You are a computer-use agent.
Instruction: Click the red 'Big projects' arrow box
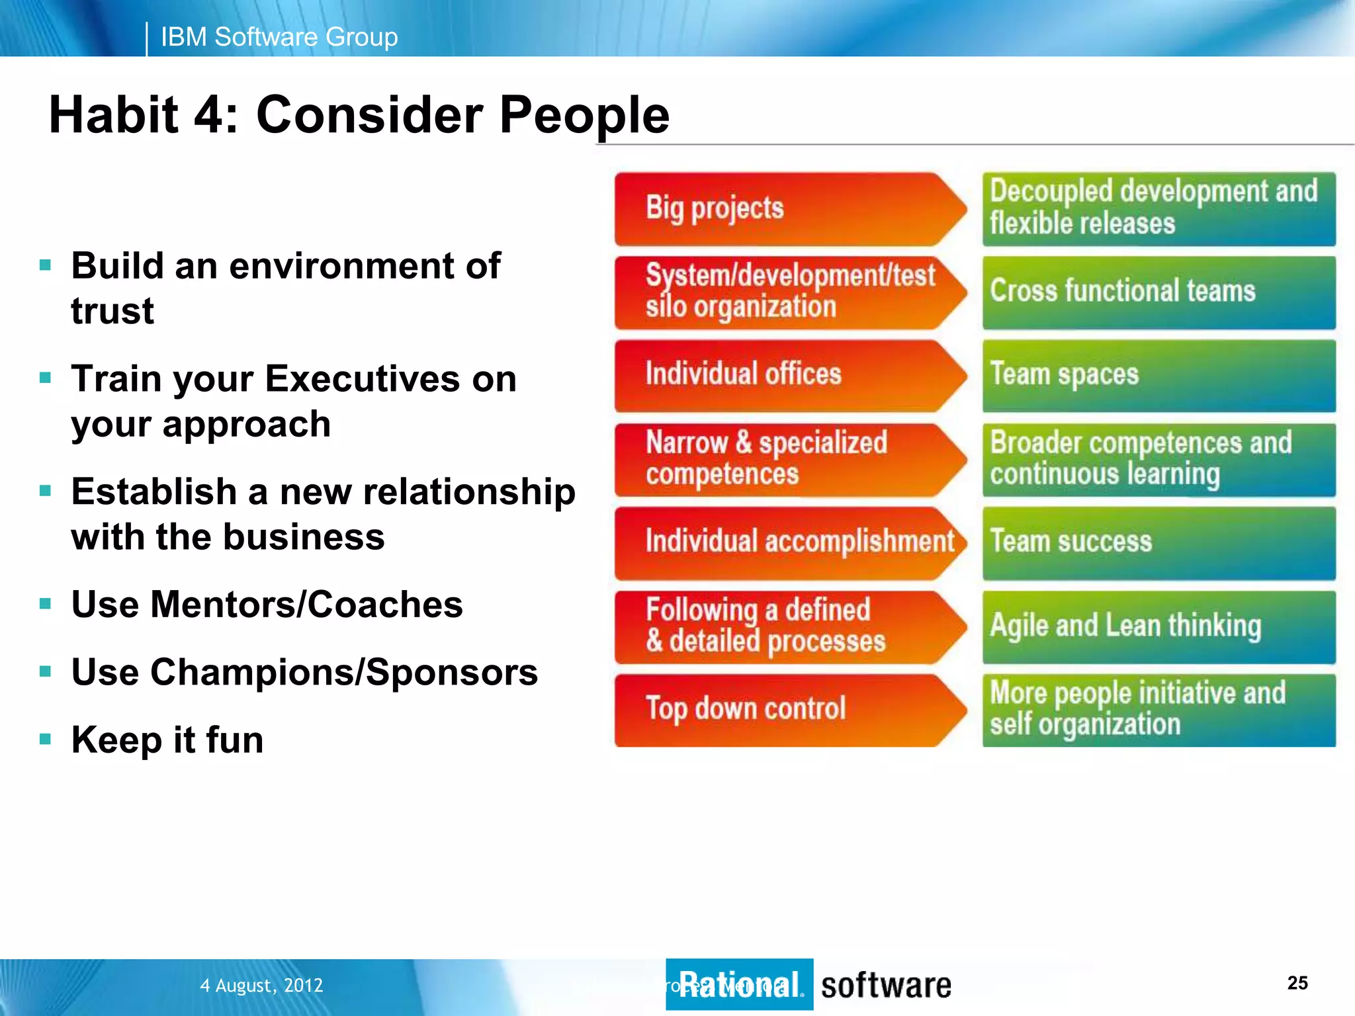781,209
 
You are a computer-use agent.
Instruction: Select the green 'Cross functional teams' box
1158,292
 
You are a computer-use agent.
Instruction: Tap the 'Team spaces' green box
1158,376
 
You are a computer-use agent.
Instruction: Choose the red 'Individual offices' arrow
781,375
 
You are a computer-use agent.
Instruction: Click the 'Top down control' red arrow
781,710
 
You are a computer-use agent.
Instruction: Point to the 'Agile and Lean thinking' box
1158,626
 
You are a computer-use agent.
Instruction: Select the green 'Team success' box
1158,543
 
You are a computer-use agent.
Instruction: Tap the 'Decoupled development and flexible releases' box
1158,208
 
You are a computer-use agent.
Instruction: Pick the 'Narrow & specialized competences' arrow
781,459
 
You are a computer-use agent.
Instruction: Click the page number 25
1297,983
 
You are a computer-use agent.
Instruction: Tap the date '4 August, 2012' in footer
261,986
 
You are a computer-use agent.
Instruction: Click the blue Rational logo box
739,984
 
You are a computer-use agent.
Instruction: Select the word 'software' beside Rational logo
886,986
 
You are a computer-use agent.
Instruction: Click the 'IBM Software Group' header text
279,37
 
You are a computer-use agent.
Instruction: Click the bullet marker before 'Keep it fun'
45,739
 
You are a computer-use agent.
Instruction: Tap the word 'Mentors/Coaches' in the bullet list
306,605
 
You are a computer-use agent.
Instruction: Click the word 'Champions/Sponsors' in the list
344,673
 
